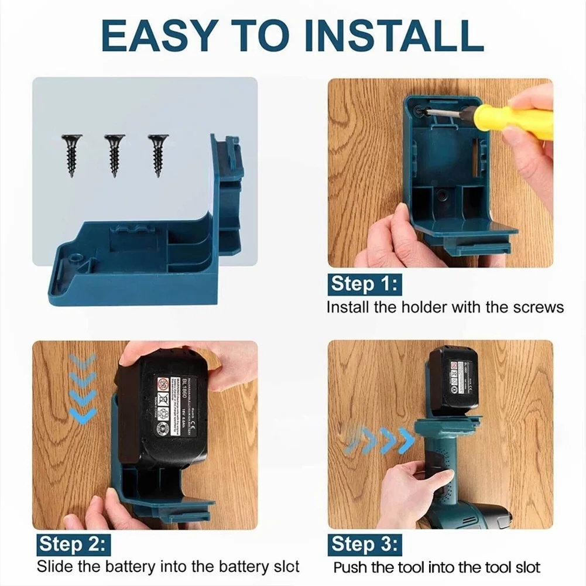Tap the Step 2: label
(72, 544)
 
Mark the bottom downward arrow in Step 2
(83, 415)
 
